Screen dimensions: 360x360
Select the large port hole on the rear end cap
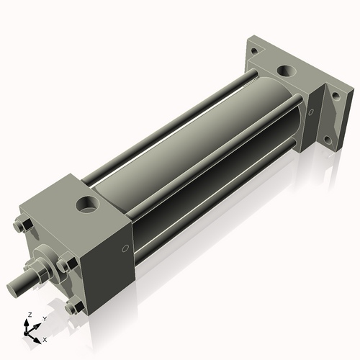click(286, 72)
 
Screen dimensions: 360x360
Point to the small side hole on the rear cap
click(310, 112)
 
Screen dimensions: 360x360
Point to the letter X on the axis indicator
click(45, 338)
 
